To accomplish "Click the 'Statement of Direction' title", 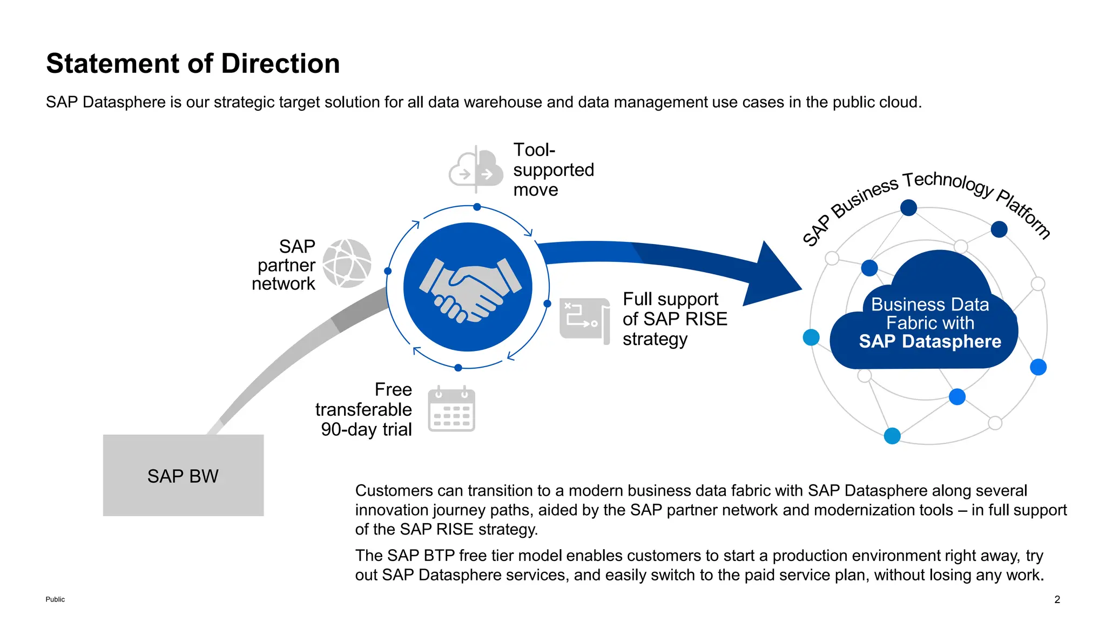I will pyautogui.click(x=193, y=64).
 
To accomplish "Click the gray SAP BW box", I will pyautogui.click(x=183, y=475).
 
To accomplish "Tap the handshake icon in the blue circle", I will pyautogui.click(x=468, y=288).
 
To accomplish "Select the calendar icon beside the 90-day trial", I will pyautogui.click(x=451, y=410).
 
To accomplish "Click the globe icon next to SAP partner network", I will pyautogui.click(x=347, y=263).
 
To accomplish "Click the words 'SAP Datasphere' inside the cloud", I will pyautogui.click(x=929, y=342).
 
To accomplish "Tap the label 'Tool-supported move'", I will pyautogui.click(x=553, y=170).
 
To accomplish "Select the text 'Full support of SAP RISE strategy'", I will pyautogui.click(x=675, y=319).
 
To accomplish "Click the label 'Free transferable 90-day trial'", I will pyautogui.click(x=365, y=410).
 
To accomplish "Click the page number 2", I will pyautogui.click(x=1057, y=599).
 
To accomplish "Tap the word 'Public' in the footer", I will pyautogui.click(x=55, y=599).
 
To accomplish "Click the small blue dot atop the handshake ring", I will pyautogui.click(x=477, y=207).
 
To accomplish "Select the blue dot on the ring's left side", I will pyautogui.click(x=388, y=271).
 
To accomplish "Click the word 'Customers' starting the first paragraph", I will pyautogui.click(x=394, y=490).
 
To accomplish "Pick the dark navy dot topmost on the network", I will pyautogui.click(x=908, y=207).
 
